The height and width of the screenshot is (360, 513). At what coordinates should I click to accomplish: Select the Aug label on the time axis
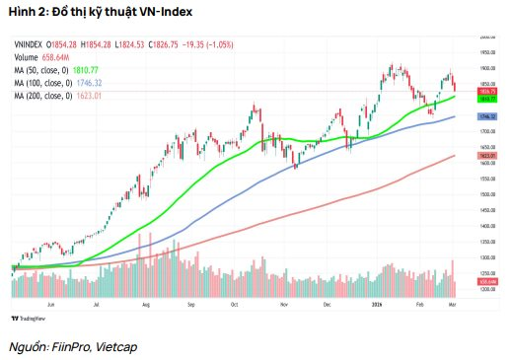pyautogui.click(x=145, y=306)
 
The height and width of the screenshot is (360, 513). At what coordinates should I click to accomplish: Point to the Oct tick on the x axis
pyautogui.click(x=235, y=306)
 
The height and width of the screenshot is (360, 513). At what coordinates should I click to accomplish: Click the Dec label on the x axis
pyautogui.click(x=327, y=306)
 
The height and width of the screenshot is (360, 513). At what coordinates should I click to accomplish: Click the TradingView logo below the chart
pyautogui.click(x=30, y=318)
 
